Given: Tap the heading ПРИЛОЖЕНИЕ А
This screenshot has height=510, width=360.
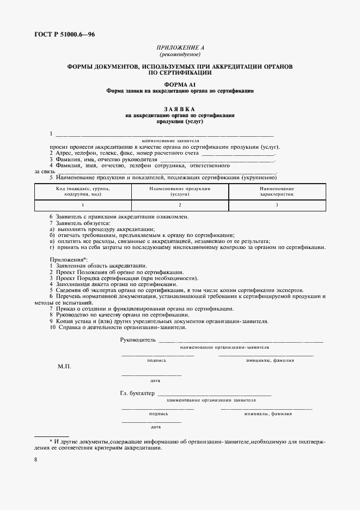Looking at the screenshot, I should tap(180, 48).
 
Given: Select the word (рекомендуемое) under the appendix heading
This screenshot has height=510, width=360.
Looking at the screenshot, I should tap(180, 54).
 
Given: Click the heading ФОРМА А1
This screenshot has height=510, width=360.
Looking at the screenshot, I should tap(180, 84).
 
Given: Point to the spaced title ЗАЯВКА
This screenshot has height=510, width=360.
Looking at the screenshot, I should tap(180, 109).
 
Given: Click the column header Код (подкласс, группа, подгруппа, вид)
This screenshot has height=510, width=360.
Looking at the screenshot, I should tap(83, 191).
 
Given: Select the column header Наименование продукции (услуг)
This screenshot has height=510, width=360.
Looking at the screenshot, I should tap(180, 191).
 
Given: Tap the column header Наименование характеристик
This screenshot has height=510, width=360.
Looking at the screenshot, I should tap(277, 191).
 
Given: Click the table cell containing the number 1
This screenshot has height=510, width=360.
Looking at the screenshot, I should tap(83, 205).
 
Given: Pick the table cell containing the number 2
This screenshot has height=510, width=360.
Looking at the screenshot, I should tap(180, 205).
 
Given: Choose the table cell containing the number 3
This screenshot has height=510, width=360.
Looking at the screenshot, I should tap(277, 205).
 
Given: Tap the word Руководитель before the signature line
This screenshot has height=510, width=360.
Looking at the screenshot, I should tap(137, 340).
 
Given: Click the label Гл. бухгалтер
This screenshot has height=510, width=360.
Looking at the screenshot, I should tap(137, 393).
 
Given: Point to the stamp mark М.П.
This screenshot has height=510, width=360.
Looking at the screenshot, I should tap(64, 367).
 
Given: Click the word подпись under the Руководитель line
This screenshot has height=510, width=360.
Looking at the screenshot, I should tap(157, 360).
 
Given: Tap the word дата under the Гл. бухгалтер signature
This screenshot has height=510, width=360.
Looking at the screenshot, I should tap(155, 427).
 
